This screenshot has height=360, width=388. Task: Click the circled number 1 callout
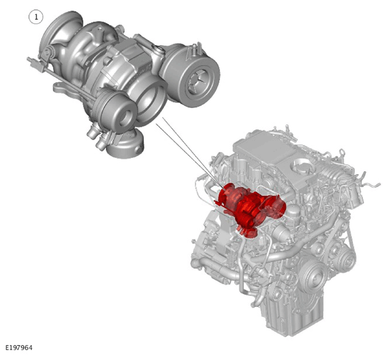click(x=36, y=17)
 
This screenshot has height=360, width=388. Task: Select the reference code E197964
click(x=19, y=348)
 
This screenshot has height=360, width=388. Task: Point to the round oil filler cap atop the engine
click(x=303, y=165)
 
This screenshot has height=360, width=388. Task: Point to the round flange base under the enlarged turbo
click(x=126, y=146)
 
